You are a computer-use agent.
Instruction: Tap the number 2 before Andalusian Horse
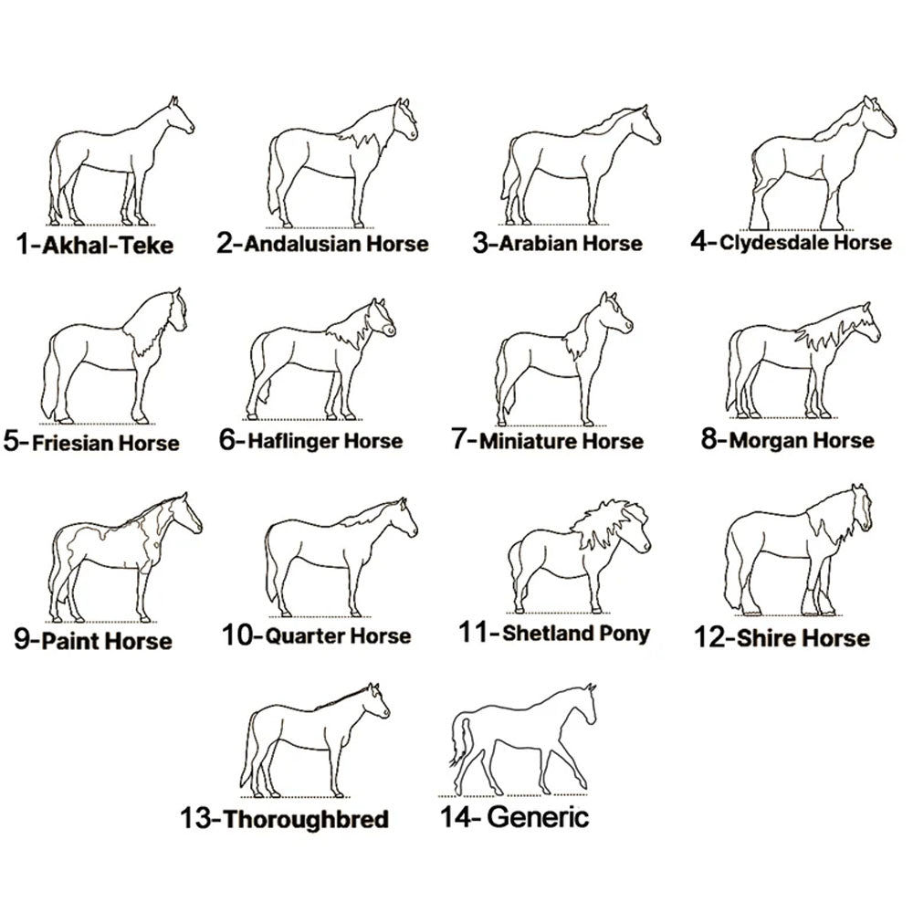225,243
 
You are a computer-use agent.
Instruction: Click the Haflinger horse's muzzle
387,331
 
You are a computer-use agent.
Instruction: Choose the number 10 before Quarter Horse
237,635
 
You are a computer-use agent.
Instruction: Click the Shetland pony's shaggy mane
605,522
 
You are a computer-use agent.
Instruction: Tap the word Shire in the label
762,638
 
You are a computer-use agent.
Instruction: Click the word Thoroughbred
306,819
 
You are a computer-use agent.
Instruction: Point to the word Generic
538,816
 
